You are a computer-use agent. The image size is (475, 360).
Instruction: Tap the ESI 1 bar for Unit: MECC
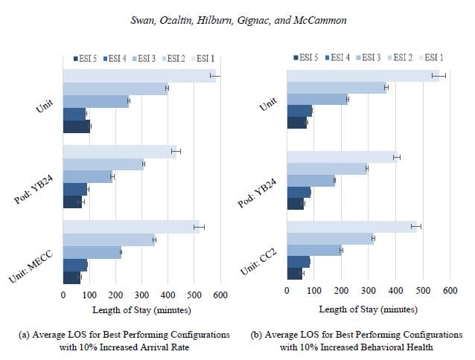[131, 227]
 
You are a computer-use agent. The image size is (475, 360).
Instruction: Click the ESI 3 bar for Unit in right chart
[318, 100]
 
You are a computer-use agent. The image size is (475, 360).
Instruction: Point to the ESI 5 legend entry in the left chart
[86, 57]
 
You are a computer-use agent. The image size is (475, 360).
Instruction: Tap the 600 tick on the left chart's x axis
[220, 295]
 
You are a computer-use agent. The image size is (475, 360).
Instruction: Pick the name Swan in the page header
[141, 20]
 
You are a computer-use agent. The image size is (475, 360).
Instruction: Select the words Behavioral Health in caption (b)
[412, 347]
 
